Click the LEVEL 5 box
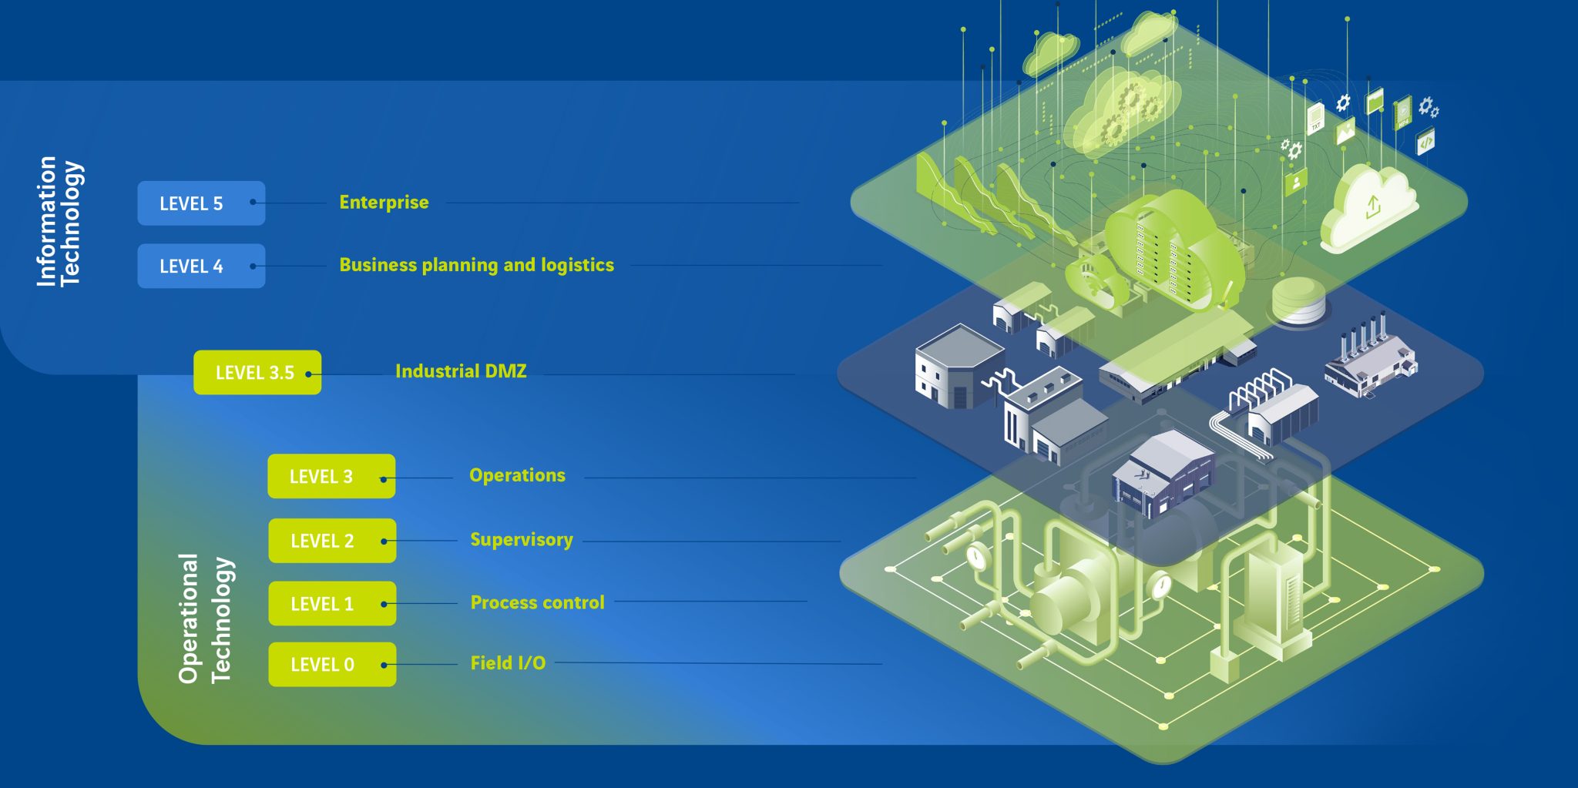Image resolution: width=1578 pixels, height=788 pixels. point(201,203)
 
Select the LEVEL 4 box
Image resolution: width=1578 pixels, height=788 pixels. point(201,266)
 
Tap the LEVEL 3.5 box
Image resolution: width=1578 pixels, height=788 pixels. point(257,373)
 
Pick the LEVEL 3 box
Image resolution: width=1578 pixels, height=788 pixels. point(331,476)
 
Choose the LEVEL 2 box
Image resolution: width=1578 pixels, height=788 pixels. point(332,541)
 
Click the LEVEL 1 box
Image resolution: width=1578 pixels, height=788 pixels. point(332,603)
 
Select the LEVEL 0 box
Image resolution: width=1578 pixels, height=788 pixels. point(332,664)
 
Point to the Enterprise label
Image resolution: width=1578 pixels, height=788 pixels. point(384,203)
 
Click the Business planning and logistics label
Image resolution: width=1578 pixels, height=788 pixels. point(476,265)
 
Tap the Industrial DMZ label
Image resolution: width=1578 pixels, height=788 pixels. point(461,371)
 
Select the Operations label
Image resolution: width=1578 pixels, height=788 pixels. point(517,475)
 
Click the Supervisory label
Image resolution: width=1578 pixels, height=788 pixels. point(522,539)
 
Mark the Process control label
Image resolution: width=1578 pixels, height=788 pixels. point(537,602)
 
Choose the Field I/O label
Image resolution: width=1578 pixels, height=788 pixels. point(508,663)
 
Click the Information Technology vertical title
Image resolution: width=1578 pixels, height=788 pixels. point(59,222)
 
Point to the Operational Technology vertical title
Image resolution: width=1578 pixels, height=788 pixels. point(205,619)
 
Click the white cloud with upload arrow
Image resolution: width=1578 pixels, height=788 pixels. point(1368,206)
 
